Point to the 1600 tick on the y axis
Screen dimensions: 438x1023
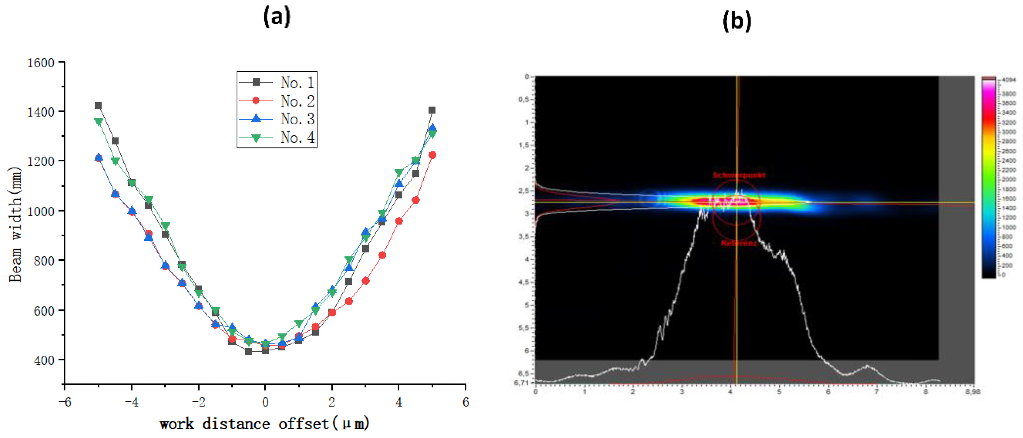(x=40, y=63)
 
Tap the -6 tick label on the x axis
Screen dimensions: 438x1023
(x=65, y=402)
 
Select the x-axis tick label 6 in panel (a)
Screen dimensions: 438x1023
(x=465, y=402)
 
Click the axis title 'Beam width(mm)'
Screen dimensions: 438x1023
(x=15, y=224)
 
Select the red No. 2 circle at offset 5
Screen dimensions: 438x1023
(x=433, y=155)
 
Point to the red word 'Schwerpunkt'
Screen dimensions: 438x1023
(x=739, y=175)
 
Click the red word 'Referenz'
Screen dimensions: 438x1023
(x=738, y=243)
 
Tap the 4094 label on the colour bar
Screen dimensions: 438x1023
(x=1009, y=80)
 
